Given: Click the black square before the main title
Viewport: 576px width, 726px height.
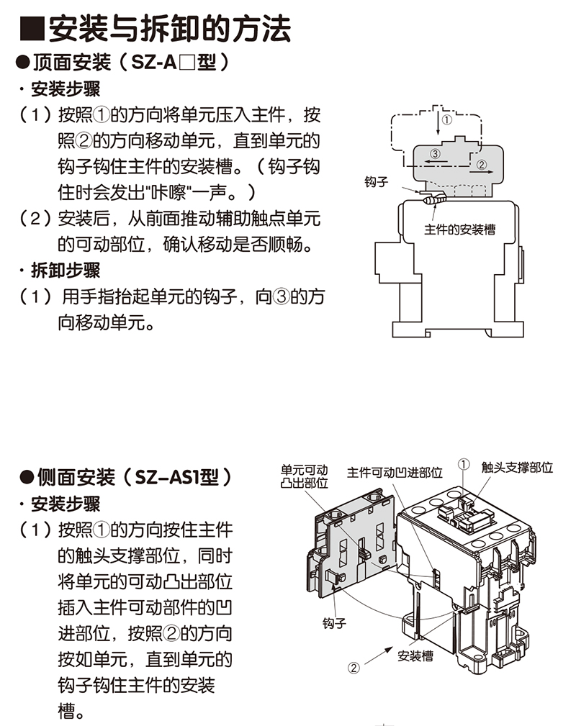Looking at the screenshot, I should [x=32, y=31].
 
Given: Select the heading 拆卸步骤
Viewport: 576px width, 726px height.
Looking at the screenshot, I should [x=66, y=271].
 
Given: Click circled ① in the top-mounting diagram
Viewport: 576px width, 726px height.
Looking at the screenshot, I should [x=446, y=120].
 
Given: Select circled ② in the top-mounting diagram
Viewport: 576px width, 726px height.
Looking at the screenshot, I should [x=482, y=165].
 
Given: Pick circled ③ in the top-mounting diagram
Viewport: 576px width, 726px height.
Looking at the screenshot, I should [x=434, y=154].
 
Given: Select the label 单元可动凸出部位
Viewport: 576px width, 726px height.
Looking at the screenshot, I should [x=304, y=476].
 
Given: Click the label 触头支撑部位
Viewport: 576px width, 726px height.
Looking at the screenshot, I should [x=518, y=467].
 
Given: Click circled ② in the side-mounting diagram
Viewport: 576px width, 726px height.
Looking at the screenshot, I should [x=354, y=667].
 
